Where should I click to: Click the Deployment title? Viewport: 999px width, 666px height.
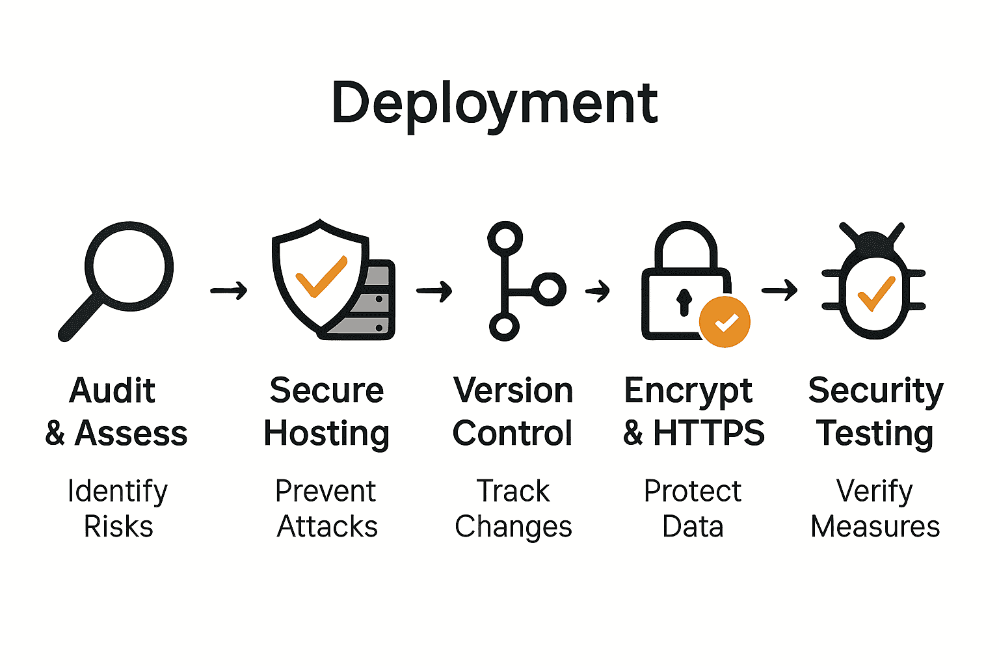[494, 104]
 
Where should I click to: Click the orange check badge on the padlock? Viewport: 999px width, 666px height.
[725, 321]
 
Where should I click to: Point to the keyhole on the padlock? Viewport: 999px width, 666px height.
[684, 302]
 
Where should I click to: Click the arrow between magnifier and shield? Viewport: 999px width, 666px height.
[229, 290]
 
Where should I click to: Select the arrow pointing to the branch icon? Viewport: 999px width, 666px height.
[434, 291]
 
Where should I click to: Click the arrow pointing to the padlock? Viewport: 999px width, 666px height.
[598, 290]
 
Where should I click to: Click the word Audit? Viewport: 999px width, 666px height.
[113, 391]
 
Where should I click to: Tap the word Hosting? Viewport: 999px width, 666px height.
[326, 434]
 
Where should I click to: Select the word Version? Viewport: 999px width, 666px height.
[513, 391]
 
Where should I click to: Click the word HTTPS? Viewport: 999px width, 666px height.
[709, 433]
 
